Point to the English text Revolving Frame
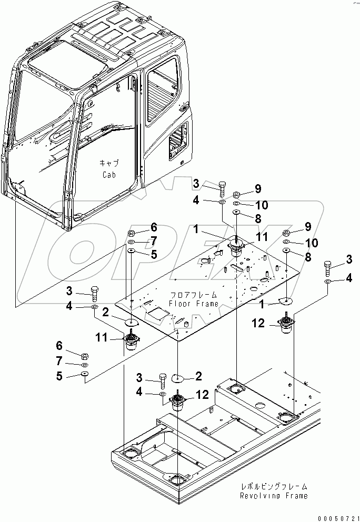click(274, 496)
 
